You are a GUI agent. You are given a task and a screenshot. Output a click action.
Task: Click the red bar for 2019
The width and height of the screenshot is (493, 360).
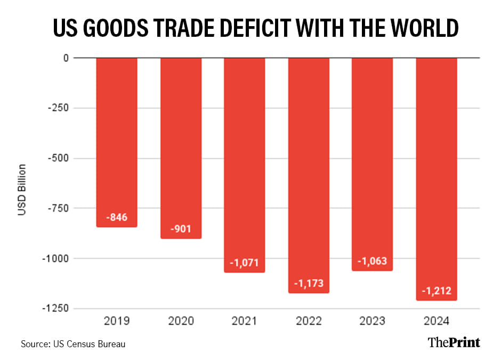tap(117, 142)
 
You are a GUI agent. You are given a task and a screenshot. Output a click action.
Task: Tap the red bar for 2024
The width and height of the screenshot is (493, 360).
tap(437, 179)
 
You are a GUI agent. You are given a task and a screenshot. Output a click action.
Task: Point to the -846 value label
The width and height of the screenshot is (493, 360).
tap(117, 218)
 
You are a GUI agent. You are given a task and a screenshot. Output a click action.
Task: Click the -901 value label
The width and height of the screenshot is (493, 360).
tap(181, 229)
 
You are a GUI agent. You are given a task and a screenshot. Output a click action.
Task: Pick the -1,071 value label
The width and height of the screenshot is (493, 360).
tap(245, 263)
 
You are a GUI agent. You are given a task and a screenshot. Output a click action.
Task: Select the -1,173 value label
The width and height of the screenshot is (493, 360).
tap(309, 283)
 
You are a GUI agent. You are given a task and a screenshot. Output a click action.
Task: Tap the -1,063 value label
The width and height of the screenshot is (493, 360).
tap(373, 261)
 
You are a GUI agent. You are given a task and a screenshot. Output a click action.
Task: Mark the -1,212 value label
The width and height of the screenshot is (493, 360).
tap(437, 291)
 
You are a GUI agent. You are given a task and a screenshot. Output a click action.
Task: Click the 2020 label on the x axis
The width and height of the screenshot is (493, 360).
tap(181, 322)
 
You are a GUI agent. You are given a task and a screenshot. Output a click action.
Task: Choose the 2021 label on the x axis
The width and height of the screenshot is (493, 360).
tap(245, 322)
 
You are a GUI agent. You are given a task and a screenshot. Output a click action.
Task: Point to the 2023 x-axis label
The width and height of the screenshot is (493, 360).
tap(373, 322)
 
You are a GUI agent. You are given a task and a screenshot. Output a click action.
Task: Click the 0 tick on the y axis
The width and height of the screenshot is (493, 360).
tap(66, 58)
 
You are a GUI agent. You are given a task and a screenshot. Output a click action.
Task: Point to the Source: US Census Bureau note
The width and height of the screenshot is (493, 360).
tap(73, 344)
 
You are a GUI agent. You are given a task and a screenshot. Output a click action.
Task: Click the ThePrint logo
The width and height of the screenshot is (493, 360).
tap(454, 342)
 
